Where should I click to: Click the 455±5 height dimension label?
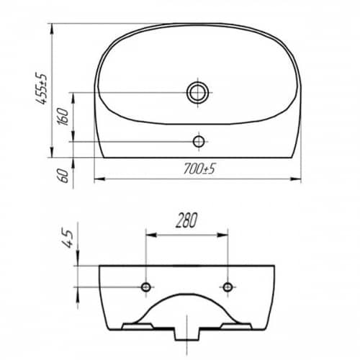[x=41, y=88]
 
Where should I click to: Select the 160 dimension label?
[x=63, y=117]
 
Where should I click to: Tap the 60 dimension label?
[x=63, y=175]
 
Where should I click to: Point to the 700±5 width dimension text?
[x=199, y=168]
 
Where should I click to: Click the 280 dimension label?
[x=186, y=220]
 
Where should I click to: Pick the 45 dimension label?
[x=67, y=239]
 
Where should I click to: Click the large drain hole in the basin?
[x=198, y=93]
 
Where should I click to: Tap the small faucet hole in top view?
[x=199, y=142]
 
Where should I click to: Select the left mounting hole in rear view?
[x=146, y=287]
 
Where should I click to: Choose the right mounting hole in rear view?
[x=228, y=287]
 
